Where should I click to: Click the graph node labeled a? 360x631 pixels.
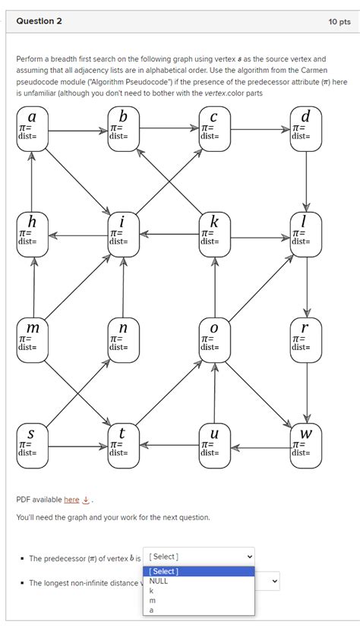[x=32, y=129]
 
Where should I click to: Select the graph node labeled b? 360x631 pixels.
[x=123, y=129]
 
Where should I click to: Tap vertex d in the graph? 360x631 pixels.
[x=306, y=129]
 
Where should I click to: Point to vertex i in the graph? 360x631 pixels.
[x=123, y=235]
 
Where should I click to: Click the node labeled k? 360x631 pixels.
[x=215, y=235]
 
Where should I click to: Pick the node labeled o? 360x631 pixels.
[x=215, y=339]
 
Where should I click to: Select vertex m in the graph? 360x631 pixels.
[x=32, y=339]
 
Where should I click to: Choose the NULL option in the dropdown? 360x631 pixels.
[x=159, y=581]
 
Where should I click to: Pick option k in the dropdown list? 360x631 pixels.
[x=153, y=590]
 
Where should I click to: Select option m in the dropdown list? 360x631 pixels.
[x=153, y=600]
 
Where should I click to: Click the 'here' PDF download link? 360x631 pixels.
[x=71, y=499]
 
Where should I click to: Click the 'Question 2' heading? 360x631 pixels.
[x=39, y=21]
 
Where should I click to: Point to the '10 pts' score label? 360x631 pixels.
[x=339, y=22]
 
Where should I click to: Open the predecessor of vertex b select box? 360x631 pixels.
[x=198, y=557]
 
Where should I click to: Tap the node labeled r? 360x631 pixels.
[x=306, y=339]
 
